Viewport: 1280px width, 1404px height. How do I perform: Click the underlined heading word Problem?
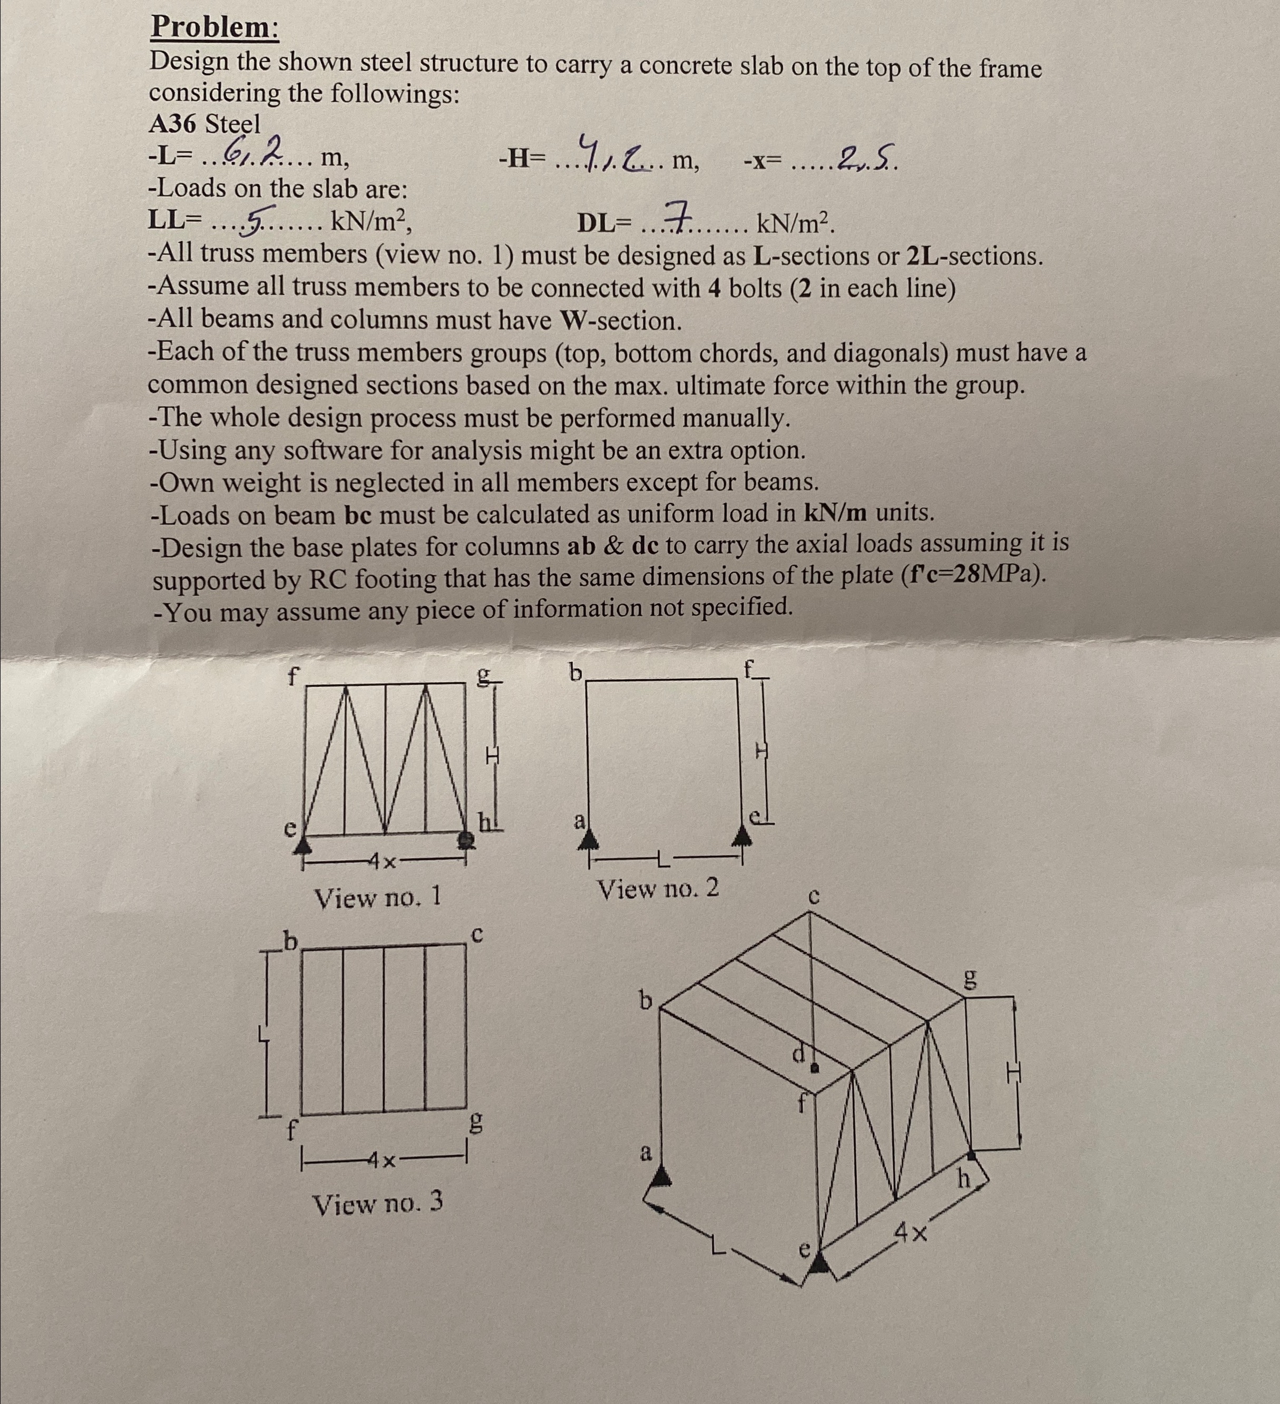214,28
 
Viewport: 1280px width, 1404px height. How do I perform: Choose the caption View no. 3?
377,1203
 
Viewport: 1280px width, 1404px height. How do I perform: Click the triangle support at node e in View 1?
302,845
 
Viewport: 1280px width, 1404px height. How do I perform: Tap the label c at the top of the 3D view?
813,896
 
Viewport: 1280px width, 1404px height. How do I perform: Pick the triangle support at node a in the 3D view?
661,1177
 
